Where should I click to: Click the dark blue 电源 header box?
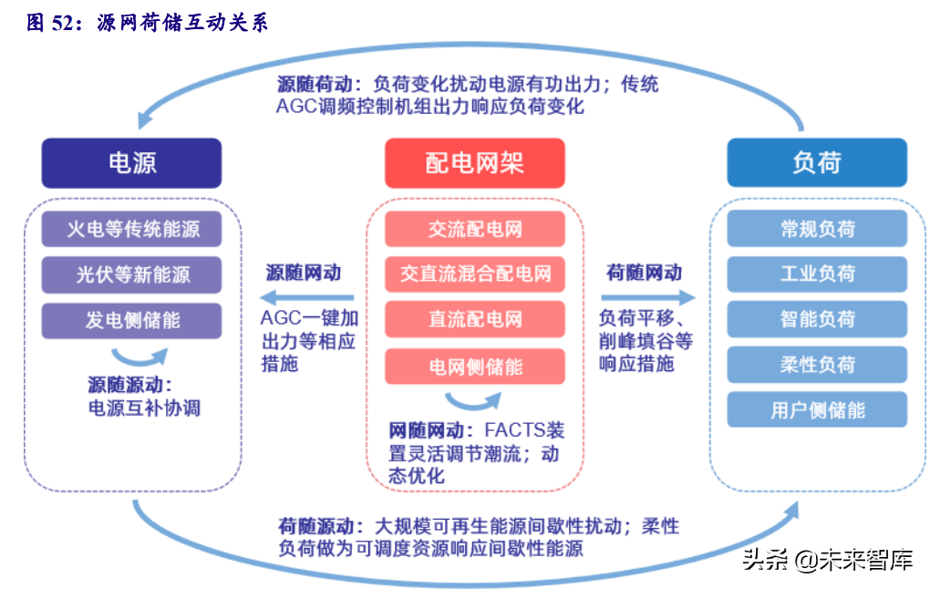[131, 163]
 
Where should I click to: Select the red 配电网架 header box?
[474, 163]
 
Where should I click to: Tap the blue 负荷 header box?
[817, 162]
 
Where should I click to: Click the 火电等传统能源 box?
[131, 229]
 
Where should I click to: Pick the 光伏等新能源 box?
[131, 274]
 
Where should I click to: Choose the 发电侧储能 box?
[131, 320]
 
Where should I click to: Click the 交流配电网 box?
[474, 229]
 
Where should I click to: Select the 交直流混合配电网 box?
[474, 274]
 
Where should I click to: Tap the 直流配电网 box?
[474, 319]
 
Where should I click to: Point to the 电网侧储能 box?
[474, 367]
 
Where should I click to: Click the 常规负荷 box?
[817, 228]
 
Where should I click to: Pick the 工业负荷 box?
[817, 274]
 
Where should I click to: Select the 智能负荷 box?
[817, 319]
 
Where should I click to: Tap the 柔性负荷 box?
[817, 364]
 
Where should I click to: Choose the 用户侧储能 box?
[817, 409]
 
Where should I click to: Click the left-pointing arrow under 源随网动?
[306, 297]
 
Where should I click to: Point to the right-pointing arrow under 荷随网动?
[647, 297]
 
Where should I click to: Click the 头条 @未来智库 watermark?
[827, 559]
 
